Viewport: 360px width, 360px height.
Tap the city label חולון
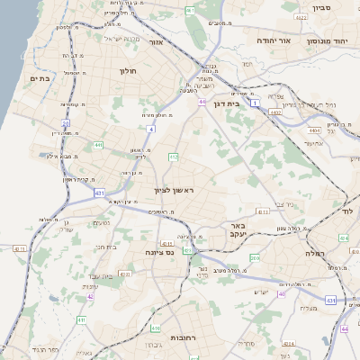pyautogui.click(x=127, y=69)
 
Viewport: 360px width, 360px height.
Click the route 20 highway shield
pyautogui.click(x=66, y=123)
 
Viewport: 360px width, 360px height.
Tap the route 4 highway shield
pyautogui.click(x=151, y=130)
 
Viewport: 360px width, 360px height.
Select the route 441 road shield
pyautogui.click(x=97, y=145)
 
